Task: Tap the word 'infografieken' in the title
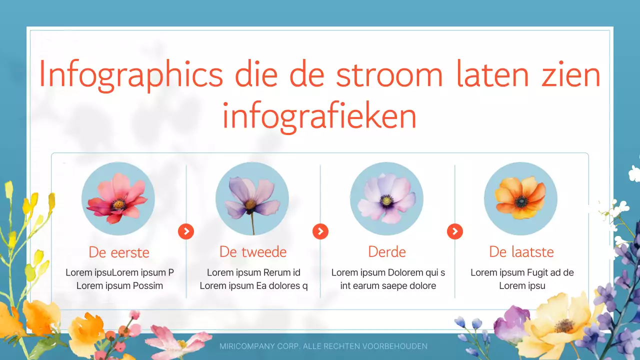[319, 116]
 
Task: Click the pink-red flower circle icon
[118, 198]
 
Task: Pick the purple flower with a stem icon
[252, 198]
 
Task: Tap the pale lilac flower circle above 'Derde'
[386, 198]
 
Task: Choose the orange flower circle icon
[520, 198]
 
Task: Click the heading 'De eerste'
[119, 252]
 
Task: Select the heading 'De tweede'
[253, 251]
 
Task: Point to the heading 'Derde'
[387, 251]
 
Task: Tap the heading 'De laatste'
[521, 251]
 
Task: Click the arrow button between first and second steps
[186, 231]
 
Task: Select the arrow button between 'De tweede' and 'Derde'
[320, 231]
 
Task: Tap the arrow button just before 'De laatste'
[454, 231]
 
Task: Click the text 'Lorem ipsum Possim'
[119, 286]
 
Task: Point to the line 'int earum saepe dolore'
[388, 286]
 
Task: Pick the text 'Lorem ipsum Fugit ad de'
[522, 272]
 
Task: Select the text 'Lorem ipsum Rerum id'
[253, 272]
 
